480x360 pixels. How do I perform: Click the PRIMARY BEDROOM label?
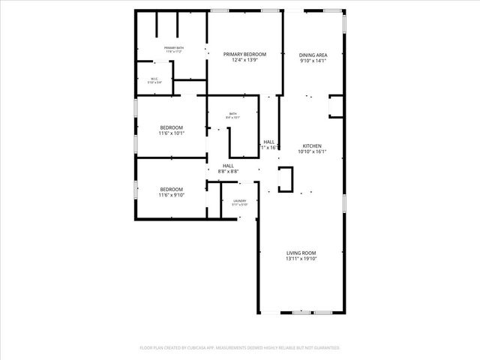[245, 55]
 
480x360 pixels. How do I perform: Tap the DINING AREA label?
[313, 55]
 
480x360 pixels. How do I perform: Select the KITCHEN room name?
[312, 145]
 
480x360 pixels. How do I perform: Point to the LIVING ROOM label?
[301, 253]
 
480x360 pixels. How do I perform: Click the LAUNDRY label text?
[239, 201]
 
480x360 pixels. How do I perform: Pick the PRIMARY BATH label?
[174, 48]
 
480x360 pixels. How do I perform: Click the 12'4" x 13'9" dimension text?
[245, 61]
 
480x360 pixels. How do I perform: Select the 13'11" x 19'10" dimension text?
[301, 259]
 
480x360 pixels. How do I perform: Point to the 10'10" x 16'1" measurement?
[312, 151]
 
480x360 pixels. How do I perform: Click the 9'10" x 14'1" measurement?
[313, 61]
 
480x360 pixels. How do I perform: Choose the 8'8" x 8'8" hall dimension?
[228, 172]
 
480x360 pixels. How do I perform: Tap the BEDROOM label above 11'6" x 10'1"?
[171, 127]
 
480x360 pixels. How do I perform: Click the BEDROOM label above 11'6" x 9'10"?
[171, 189]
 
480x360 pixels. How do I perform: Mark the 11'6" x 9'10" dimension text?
[171, 195]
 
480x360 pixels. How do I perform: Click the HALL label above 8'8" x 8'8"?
[228, 166]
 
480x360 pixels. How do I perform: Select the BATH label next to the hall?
[233, 113]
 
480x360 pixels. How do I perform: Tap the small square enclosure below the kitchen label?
[286, 178]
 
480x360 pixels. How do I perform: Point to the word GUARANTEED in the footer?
[325, 348]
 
